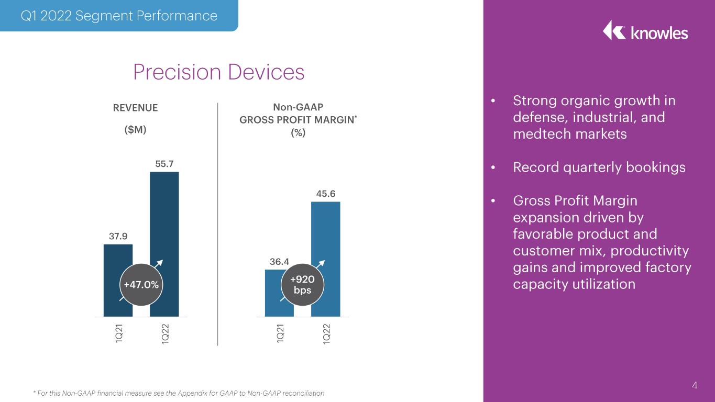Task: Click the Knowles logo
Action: (645, 31)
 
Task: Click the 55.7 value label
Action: (164, 164)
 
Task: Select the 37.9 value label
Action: (118, 237)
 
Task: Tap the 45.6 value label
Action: (326, 194)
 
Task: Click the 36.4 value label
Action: (279, 262)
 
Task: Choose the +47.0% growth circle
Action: (141, 285)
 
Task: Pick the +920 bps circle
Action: (302, 285)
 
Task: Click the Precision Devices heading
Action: (219, 72)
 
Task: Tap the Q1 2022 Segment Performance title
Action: (119, 16)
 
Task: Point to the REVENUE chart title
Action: (135, 108)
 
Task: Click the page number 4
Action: (695, 385)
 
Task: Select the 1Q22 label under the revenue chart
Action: (165, 334)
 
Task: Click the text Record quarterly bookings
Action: (599, 167)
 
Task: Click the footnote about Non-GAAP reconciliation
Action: (179, 393)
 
